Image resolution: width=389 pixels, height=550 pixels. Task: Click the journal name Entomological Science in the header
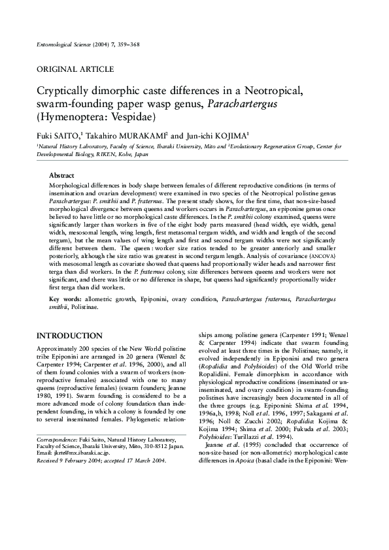click(68, 44)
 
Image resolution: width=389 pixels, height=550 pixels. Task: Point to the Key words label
click(64, 299)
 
